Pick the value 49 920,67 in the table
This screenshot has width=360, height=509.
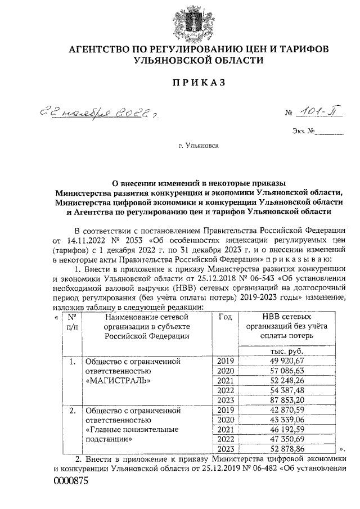(279, 360)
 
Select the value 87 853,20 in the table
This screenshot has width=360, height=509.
(279, 400)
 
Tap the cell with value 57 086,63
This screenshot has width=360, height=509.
(279, 370)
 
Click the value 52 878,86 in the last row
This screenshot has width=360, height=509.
(279, 450)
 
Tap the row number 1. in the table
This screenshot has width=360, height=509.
(72, 361)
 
